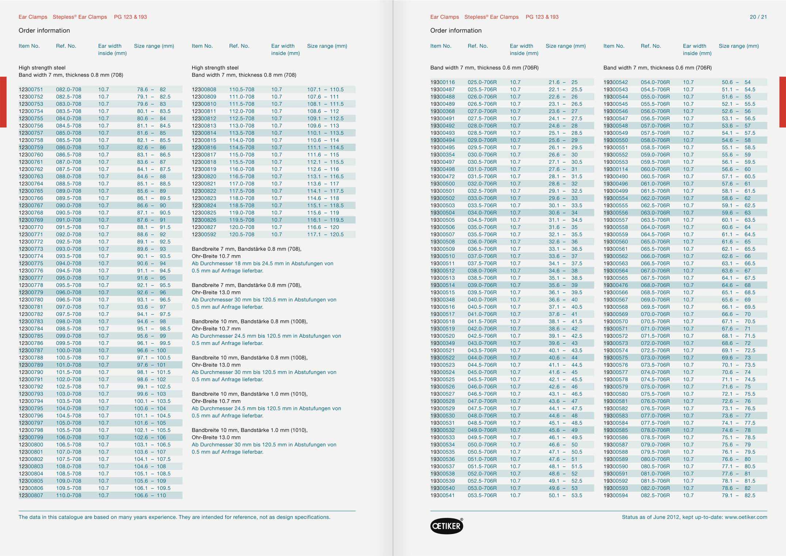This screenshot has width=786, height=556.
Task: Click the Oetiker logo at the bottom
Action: [446, 526]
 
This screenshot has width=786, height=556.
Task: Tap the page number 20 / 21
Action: [758, 17]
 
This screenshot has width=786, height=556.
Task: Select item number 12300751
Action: [31, 90]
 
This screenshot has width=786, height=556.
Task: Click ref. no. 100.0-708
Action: [69, 351]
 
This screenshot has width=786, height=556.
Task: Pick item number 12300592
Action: [204, 235]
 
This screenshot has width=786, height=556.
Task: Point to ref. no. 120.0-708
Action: [242, 227]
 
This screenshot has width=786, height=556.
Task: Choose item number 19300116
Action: [442, 82]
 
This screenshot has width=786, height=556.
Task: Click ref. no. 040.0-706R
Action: [482, 300]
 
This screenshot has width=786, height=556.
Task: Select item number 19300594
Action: [615, 496]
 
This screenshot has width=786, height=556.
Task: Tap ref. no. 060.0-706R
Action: [655, 169]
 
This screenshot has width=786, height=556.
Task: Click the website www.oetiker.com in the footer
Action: [746, 517]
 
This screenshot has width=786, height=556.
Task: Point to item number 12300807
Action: [31, 496]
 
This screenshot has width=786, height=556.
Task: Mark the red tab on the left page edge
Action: [3, 102]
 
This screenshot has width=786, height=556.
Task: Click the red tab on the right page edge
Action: [782, 102]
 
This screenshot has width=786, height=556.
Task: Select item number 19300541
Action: [442, 496]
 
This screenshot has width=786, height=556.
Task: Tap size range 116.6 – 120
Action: [323, 227]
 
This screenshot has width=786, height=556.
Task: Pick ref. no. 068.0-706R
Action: [655, 285]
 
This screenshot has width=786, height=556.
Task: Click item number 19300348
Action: [442, 300]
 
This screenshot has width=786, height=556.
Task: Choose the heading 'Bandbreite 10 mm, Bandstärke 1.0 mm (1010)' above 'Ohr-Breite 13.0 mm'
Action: [249, 430]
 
